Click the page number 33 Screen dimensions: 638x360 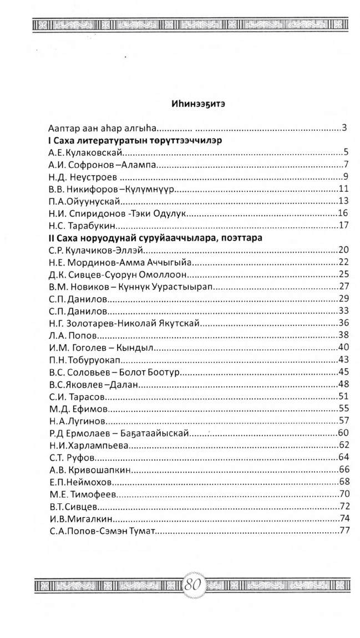(x=342, y=311)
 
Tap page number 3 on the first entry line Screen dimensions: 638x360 (x=344, y=129)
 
